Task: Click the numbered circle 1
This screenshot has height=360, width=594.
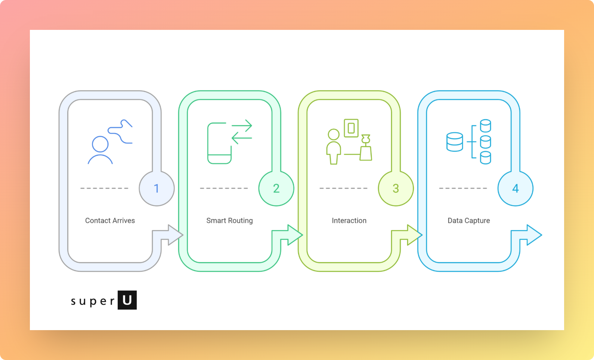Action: (157, 188)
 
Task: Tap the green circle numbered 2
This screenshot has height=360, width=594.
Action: (276, 188)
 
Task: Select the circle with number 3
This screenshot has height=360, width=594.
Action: (396, 188)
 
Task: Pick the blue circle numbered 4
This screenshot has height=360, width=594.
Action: (515, 188)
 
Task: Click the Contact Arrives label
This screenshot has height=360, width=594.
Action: (110, 221)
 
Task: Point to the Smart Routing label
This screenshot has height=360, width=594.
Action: (229, 221)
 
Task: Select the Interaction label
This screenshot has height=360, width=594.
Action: (349, 221)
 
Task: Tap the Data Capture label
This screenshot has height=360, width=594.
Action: (468, 221)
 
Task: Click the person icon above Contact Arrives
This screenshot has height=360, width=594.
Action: (100, 150)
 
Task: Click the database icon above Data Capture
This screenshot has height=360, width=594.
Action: (468, 142)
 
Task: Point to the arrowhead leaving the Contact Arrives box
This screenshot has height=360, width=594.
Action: (175, 235)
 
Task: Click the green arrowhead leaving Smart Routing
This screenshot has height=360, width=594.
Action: (294, 235)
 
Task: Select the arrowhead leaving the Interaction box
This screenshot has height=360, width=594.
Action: (414, 235)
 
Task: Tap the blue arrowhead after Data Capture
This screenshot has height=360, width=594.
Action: (533, 235)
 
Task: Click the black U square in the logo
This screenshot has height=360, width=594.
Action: (127, 300)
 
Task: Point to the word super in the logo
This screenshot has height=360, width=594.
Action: (93, 301)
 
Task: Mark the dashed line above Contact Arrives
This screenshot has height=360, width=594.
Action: (104, 188)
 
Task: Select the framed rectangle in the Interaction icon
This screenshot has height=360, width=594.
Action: (351, 128)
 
